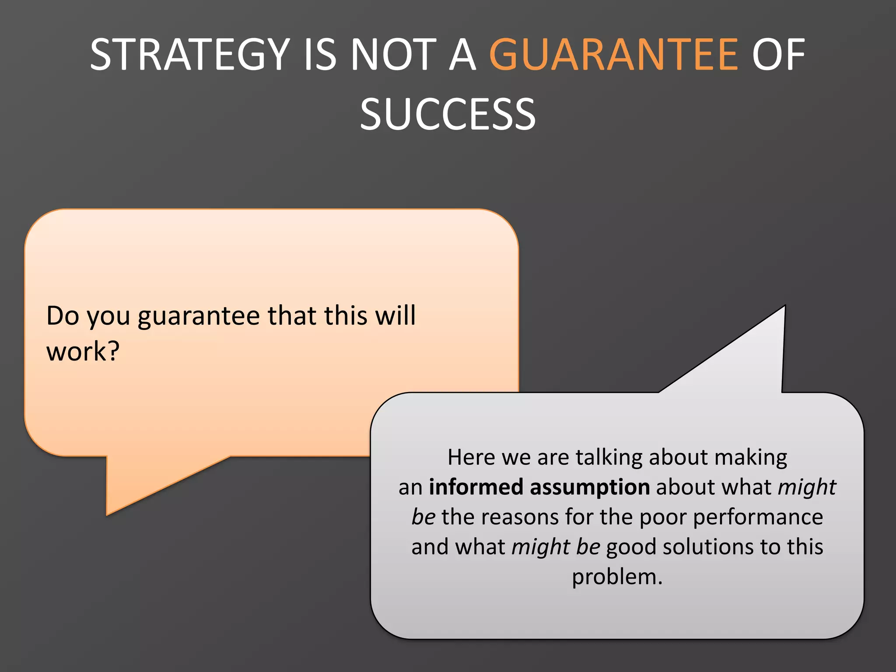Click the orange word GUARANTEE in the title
tap(613, 55)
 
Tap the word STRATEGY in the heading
tap(190, 55)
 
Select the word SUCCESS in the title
tap(448, 115)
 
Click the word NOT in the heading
tap(393, 55)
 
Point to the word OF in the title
tap(778, 55)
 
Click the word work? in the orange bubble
tap(83, 351)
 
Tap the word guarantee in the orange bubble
tap(199, 316)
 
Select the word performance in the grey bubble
tap(758, 518)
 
